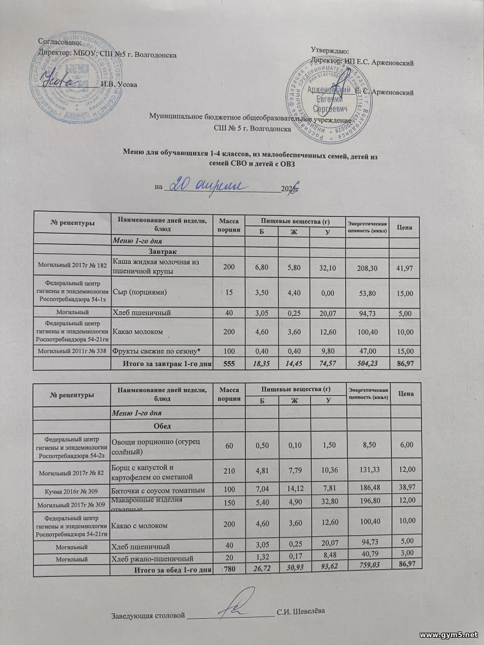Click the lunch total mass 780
point(229,569)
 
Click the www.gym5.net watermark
point(448,635)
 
